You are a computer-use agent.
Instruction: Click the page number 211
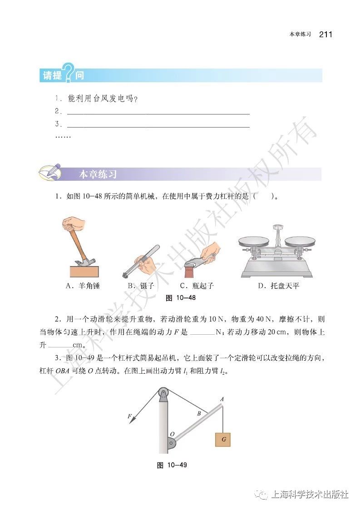click(325, 35)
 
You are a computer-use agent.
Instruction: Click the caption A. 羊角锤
click(83, 286)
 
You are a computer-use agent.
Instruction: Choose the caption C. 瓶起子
click(197, 286)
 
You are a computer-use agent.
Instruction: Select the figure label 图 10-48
click(180, 298)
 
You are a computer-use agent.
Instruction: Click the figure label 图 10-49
click(172, 465)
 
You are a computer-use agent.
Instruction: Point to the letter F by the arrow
click(129, 416)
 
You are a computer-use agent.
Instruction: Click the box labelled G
click(223, 440)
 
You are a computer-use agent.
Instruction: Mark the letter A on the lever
click(222, 400)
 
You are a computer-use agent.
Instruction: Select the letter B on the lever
click(198, 414)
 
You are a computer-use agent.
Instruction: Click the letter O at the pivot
click(172, 435)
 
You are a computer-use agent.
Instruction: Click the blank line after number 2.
click(158, 111)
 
